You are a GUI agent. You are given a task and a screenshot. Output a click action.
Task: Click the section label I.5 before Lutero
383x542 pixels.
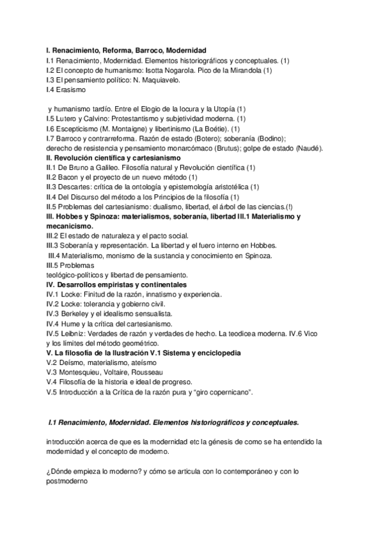point(52,119)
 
